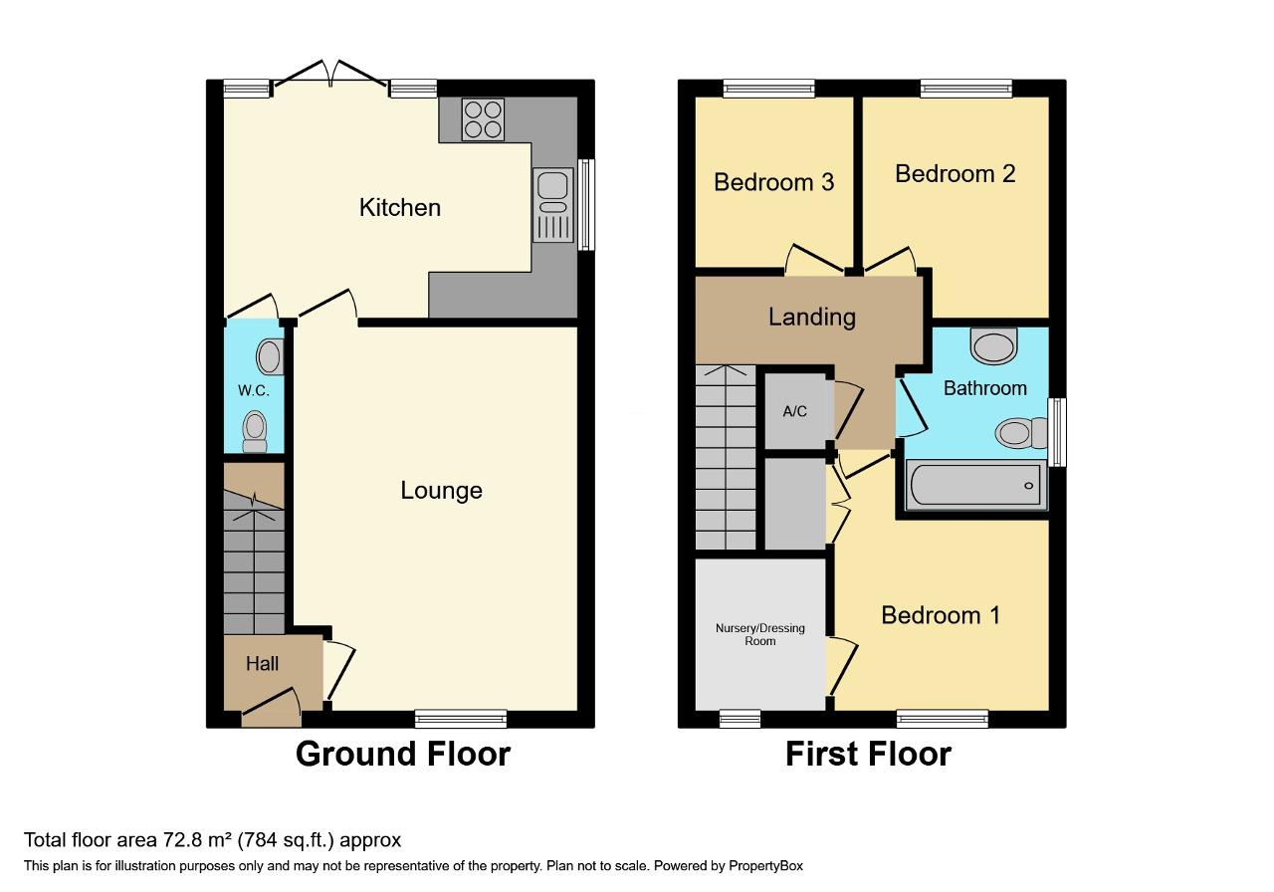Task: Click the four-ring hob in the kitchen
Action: [483, 119]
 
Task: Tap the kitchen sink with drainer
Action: [552, 205]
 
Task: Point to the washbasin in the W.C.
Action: [270, 356]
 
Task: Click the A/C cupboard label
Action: [794, 411]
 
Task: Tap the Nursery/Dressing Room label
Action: [759, 634]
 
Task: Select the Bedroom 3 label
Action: [773, 182]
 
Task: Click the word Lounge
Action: [441, 491]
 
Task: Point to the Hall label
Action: [262, 663]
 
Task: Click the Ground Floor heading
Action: [403, 754]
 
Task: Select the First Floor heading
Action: [868, 754]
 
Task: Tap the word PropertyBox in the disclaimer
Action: [765, 866]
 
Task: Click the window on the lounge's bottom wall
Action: [461, 719]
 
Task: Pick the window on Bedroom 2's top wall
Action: [966, 89]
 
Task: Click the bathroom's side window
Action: [1057, 432]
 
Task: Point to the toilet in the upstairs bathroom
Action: [1021, 433]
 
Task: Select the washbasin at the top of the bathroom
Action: [993, 345]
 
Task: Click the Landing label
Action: [811, 317]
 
